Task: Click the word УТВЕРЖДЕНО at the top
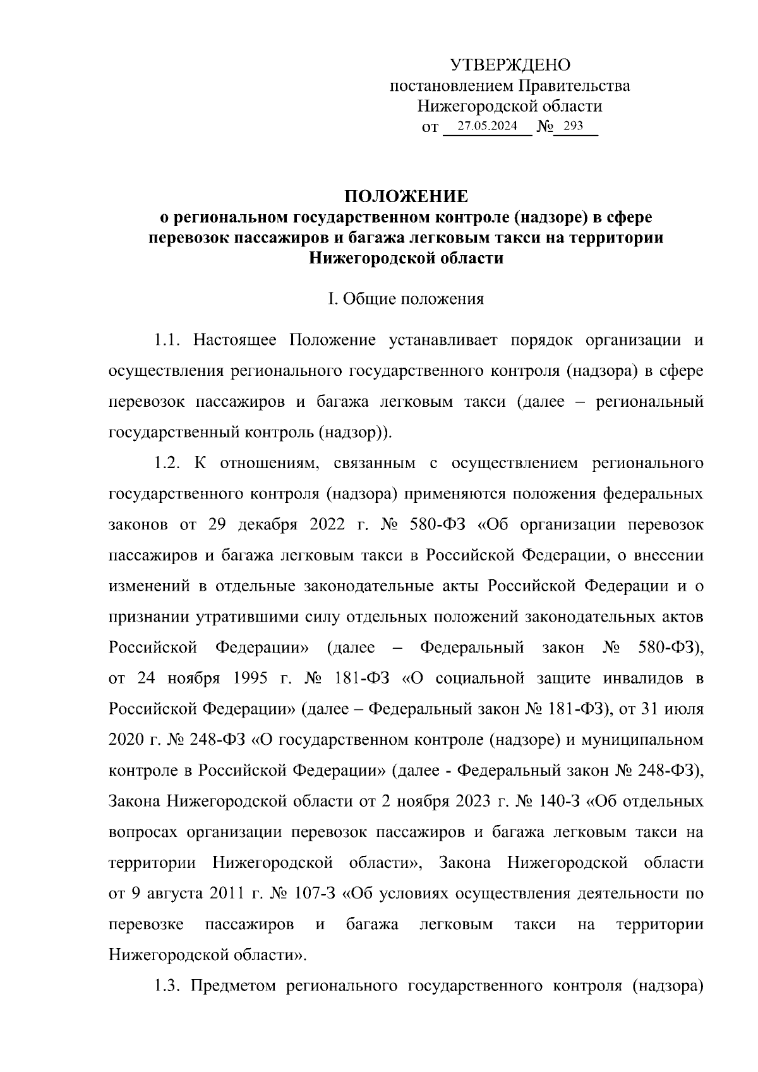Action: coord(510,65)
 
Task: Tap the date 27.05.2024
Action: coord(487,126)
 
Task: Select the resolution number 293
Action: coord(573,126)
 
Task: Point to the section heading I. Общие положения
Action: coord(405,299)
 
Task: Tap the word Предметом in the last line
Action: coord(233,986)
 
